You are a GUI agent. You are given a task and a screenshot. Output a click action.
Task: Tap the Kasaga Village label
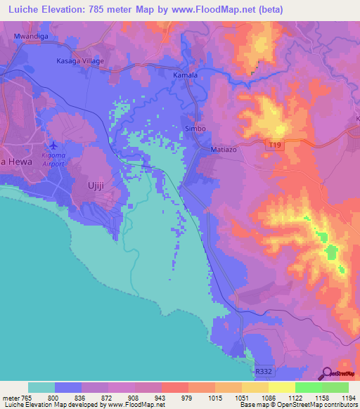[79, 61]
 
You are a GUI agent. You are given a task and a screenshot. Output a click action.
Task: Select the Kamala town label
[186, 74]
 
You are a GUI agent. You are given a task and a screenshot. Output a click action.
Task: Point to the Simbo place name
[195, 129]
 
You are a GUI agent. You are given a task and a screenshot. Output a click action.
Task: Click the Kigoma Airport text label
[53, 158]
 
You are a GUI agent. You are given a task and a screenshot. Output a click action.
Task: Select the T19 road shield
[276, 145]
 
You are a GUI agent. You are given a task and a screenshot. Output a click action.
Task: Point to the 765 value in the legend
[27, 398]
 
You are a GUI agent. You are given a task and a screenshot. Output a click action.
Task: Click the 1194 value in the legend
[349, 398]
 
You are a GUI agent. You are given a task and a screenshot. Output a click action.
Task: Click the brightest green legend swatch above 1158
[308, 387]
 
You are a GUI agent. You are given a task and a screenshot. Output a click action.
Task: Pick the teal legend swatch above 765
[41, 387]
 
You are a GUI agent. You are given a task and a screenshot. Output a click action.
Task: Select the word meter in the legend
[9, 398]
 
